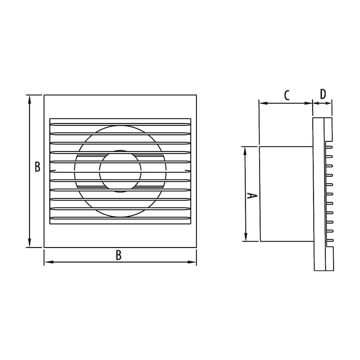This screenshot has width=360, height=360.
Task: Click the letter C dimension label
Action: click(287, 95)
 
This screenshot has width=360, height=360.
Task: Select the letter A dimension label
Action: click(252, 196)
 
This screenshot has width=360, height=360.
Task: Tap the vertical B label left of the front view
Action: click(37, 167)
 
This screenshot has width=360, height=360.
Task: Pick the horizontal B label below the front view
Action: click(118, 255)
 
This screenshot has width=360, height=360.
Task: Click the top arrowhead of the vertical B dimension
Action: click(29, 99)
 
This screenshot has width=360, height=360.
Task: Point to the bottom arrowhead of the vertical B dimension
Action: click(29, 243)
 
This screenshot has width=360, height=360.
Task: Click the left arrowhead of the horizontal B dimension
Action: click(49, 262)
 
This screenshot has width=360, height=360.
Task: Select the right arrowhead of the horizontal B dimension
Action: click(192, 262)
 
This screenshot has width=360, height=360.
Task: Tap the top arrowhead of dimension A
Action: click(245, 151)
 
